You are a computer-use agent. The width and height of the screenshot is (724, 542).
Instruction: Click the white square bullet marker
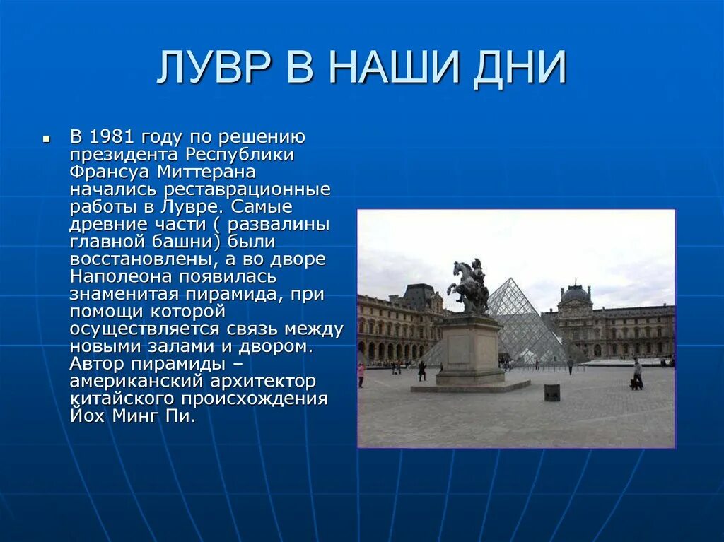(x=47, y=139)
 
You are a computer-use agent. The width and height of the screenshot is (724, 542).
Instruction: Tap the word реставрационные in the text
(x=247, y=189)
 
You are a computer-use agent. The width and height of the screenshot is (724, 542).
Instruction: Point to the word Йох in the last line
(x=87, y=416)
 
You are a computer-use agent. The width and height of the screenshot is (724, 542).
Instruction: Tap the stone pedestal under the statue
(x=469, y=350)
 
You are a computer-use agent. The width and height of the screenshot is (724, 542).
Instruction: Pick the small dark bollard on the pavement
(x=551, y=392)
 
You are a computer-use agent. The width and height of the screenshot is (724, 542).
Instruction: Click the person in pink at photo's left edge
(x=361, y=374)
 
